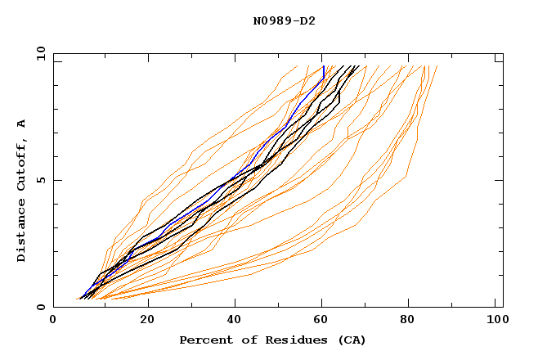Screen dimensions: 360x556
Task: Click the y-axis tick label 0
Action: [x=40, y=307]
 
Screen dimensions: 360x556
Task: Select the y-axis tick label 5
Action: [x=40, y=180]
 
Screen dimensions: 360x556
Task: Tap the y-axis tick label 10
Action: [x=39, y=53]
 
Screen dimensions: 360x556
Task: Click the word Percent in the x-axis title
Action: [x=204, y=340]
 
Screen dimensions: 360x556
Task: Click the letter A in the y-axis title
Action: [x=22, y=124]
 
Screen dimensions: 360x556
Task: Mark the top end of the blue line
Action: [x=324, y=66]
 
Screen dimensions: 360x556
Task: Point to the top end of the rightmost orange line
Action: [x=437, y=66]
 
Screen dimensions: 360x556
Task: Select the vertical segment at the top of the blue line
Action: [x=324, y=72]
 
